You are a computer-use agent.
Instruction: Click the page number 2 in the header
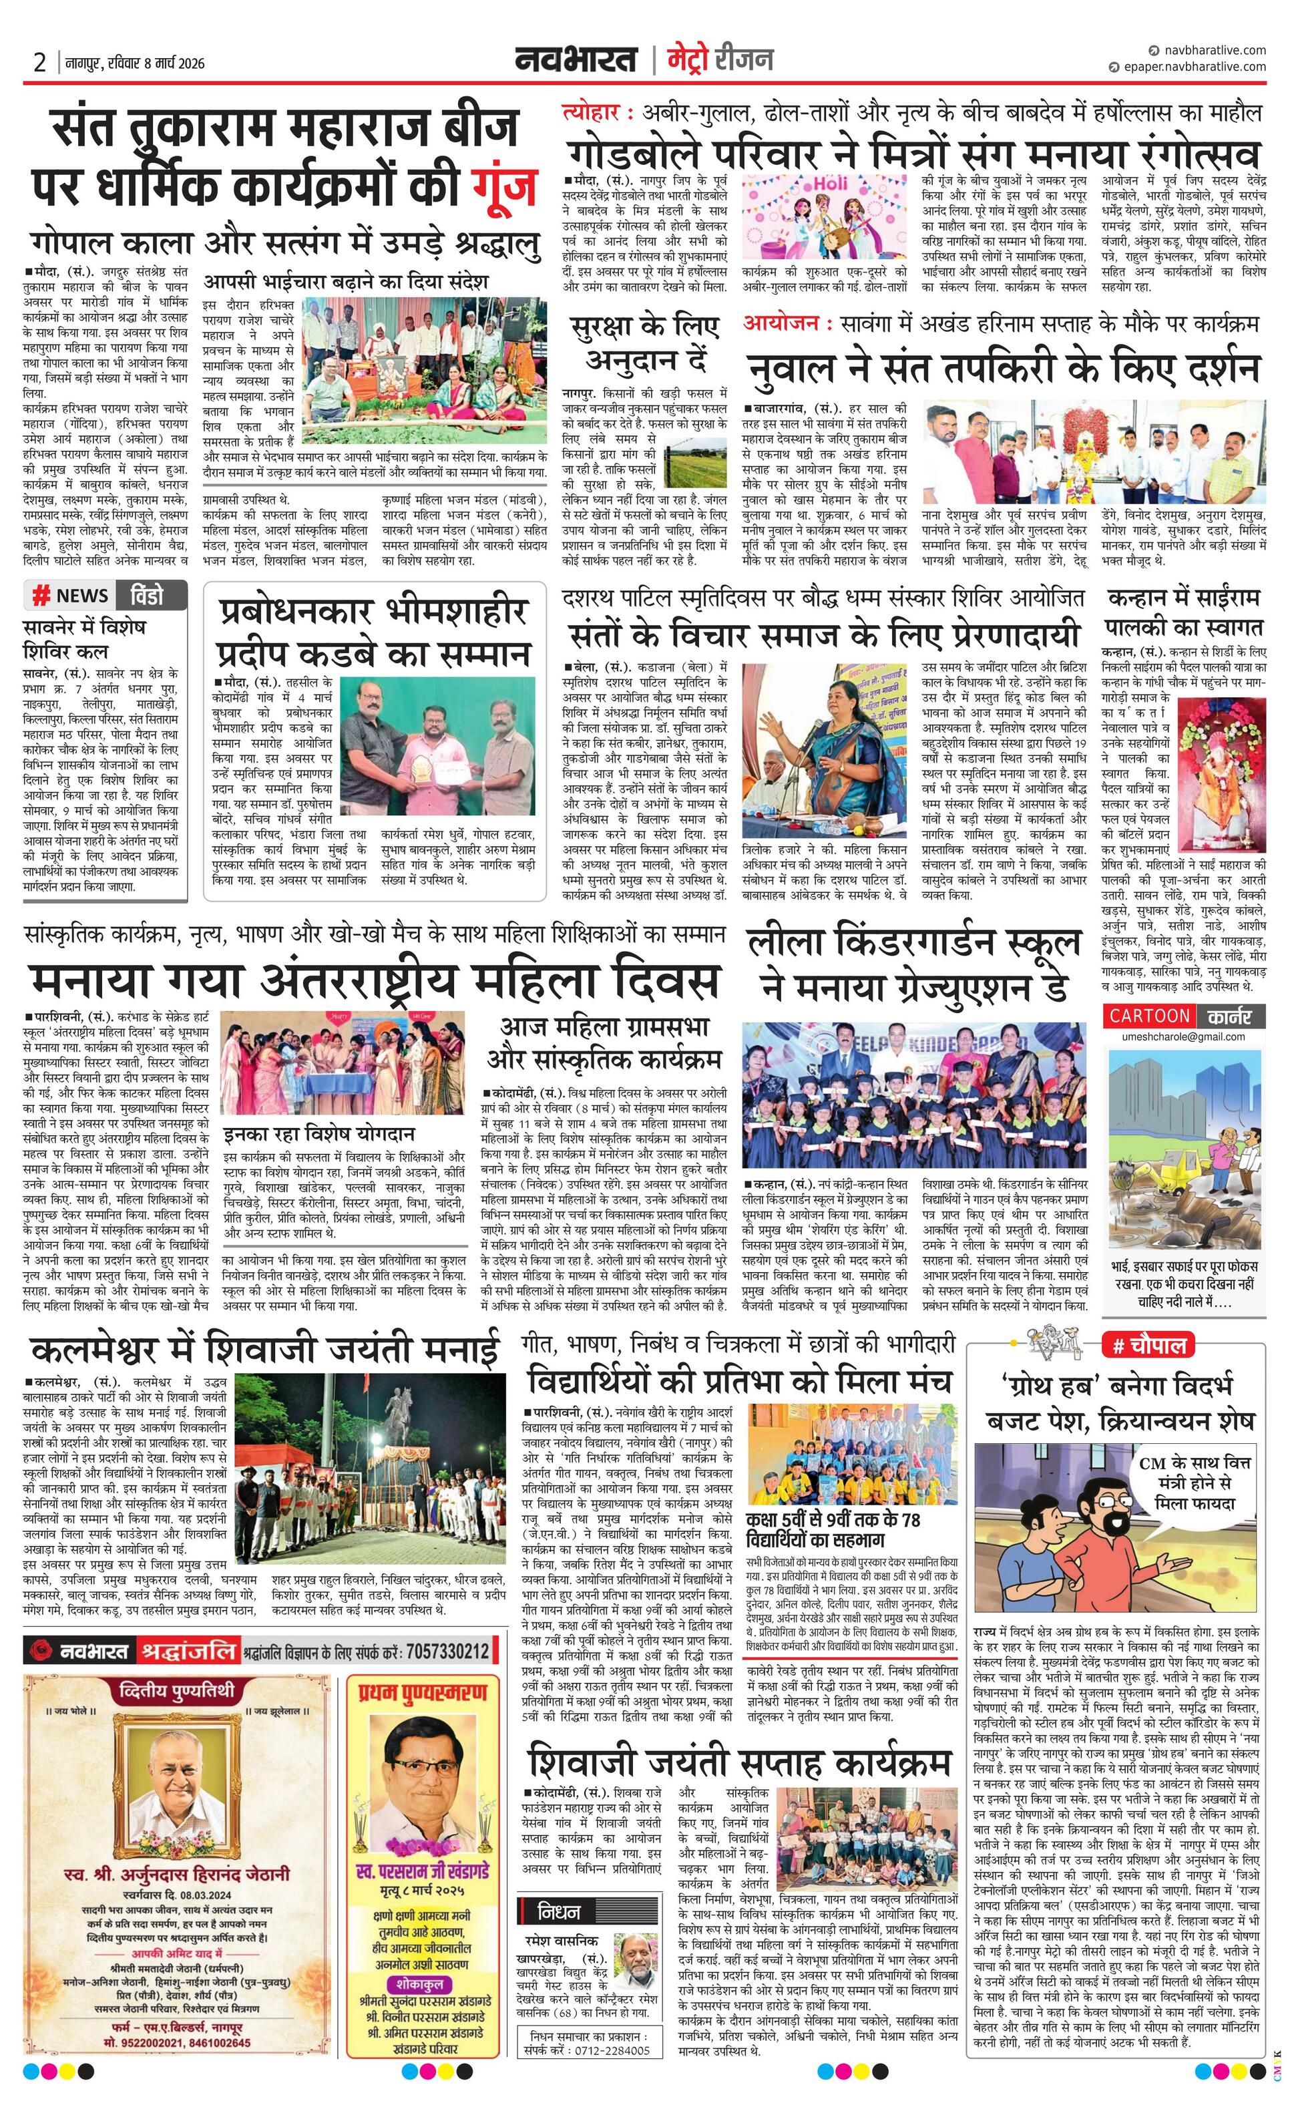coord(39,62)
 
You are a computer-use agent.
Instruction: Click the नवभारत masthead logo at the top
coord(576,59)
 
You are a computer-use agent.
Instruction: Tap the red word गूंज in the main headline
coord(507,185)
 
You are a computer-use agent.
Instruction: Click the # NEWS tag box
coord(71,595)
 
